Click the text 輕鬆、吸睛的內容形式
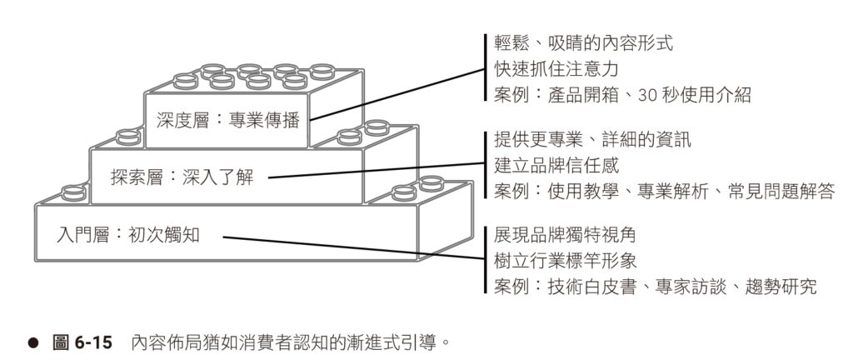pos(583,42)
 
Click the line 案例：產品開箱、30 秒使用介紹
pos(621,95)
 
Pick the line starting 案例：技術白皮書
pos(655,287)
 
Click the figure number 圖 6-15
pos(82,342)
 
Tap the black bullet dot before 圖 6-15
pos(34,342)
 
